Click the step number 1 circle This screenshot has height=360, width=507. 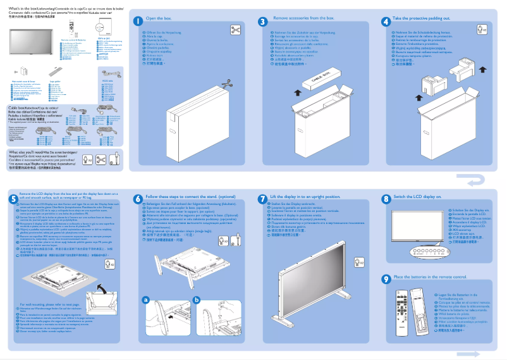tap(138, 20)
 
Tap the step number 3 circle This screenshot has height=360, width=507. tap(263, 20)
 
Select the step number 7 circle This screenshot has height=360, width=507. tap(263, 198)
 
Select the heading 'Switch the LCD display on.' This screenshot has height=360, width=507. tap(418, 197)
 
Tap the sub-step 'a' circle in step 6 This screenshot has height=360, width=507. tap(145, 299)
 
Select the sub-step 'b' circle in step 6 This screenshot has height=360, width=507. tap(197, 299)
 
